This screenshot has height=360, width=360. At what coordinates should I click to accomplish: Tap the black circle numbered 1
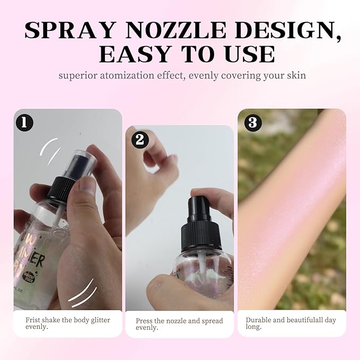[x=24, y=122]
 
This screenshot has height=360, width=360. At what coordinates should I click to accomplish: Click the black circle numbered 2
[x=139, y=139]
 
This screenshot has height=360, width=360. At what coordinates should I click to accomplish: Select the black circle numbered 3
[x=253, y=122]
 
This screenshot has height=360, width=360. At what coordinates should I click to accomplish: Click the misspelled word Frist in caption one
[x=34, y=320]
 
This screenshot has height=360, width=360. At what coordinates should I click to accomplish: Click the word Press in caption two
[x=145, y=321]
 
